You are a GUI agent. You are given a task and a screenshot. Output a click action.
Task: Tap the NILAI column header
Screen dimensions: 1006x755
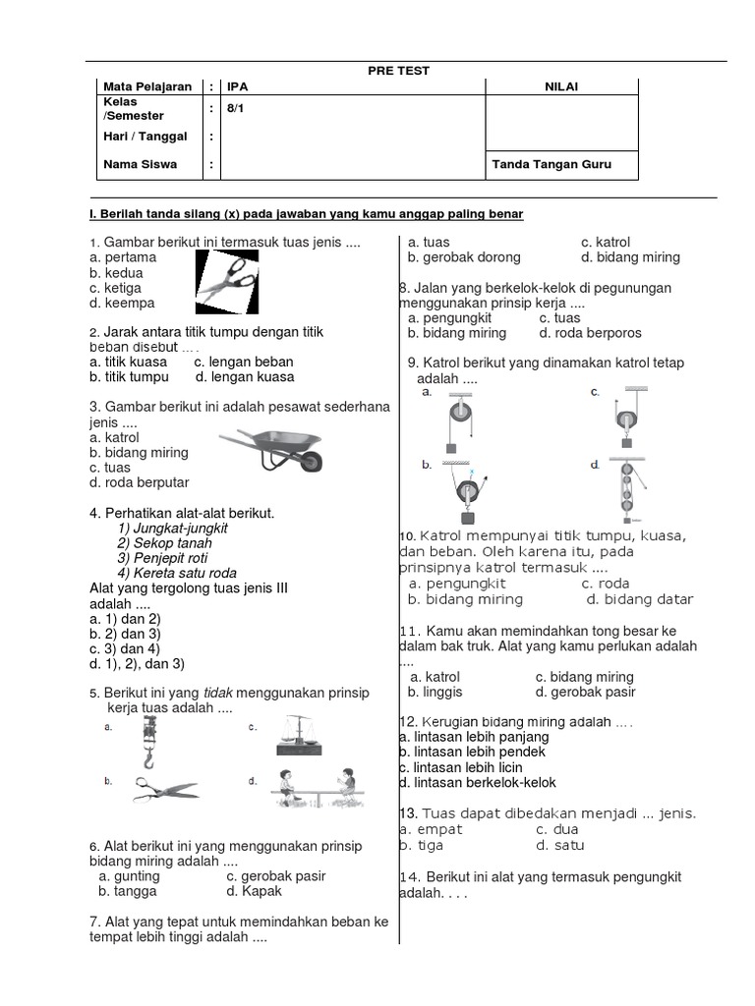tap(561, 87)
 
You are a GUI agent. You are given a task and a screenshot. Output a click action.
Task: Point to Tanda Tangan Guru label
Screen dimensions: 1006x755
tap(552, 164)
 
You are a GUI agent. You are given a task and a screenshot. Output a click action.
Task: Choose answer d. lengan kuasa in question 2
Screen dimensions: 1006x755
tap(244, 376)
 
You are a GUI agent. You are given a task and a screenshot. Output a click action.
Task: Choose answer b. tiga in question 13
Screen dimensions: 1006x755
tap(422, 845)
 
